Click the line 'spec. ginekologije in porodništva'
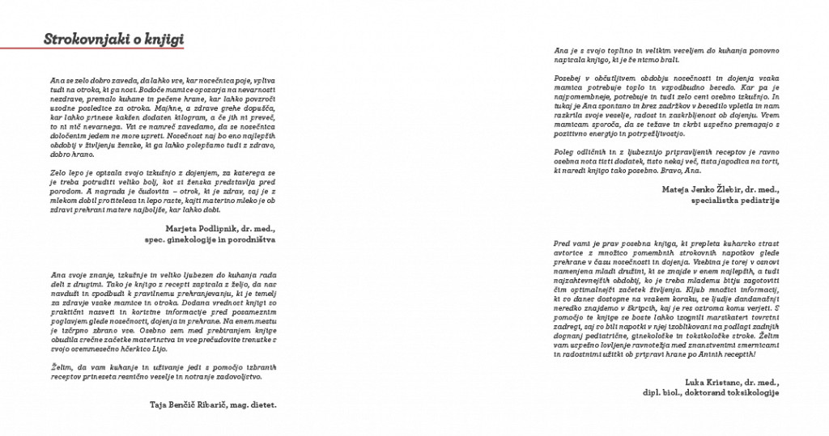[210, 239]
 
